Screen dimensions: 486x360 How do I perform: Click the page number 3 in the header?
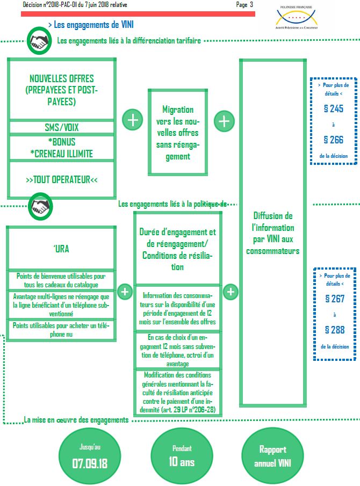pyautogui.click(x=250, y=5)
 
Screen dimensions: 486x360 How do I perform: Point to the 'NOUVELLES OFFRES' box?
pyautogui.click(x=61, y=90)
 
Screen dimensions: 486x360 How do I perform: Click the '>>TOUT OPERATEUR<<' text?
pyautogui.click(x=61, y=180)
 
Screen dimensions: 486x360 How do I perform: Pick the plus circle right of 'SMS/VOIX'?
pyautogui.click(x=132, y=120)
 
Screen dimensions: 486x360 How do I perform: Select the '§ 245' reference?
pyautogui.click(x=333, y=109)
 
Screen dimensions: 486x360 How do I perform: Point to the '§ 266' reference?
pyautogui.click(x=333, y=140)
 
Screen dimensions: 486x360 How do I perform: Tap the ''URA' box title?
pyautogui.click(x=61, y=249)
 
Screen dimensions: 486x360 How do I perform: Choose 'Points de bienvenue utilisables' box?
pyautogui.click(x=61, y=280)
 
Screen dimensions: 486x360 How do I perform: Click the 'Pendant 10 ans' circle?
pyautogui.click(x=181, y=456)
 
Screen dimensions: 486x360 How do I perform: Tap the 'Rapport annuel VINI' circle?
pyautogui.click(x=272, y=456)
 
